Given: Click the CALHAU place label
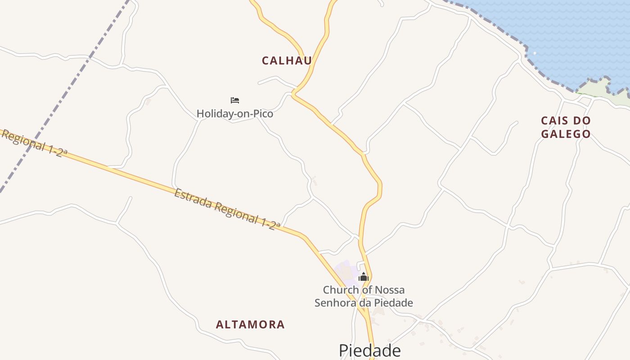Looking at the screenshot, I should point(287,61).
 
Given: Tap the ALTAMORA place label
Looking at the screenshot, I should point(250,324).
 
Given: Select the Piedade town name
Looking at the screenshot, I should point(369,350).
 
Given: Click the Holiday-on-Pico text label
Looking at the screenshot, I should point(235,114).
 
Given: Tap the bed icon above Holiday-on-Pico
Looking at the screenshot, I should point(235,100).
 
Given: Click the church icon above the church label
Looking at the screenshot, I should point(364,277).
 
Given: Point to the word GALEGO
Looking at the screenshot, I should point(566,134).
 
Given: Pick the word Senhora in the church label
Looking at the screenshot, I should point(334,303).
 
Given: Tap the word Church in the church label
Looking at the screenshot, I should point(342,290).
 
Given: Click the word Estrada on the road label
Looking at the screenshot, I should point(193,199).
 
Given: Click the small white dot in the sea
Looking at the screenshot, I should point(535,53).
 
